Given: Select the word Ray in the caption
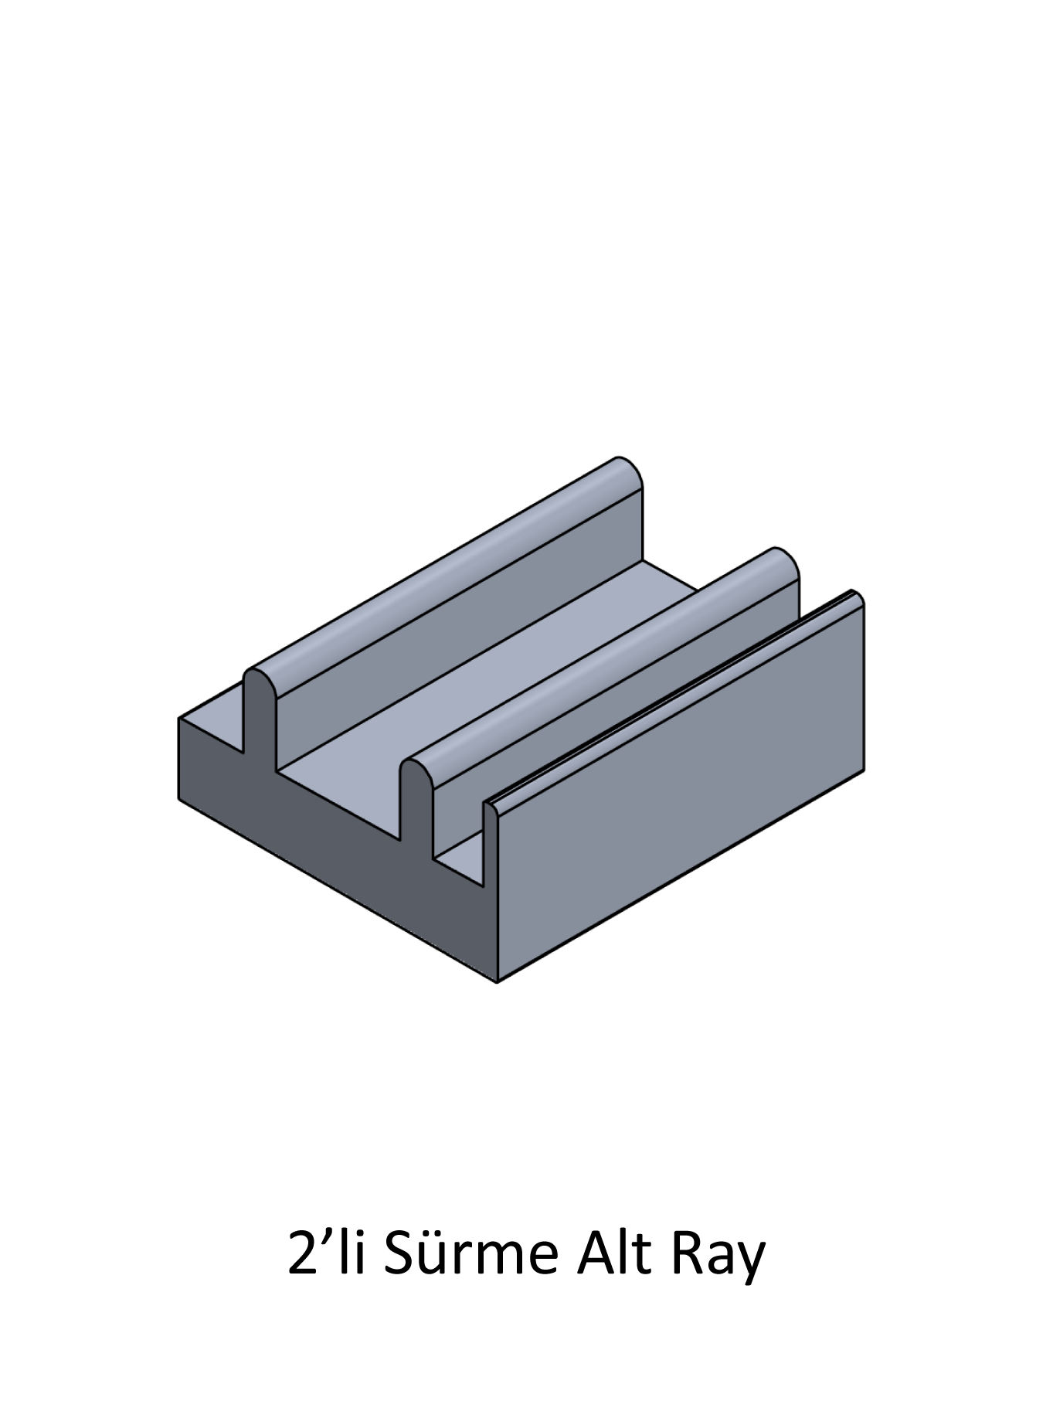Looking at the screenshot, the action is pyautogui.click(x=718, y=1258).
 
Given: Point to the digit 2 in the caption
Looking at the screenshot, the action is pyautogui.click(x=301, y=1253).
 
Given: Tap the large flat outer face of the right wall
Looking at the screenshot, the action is pyautogui.click(x=680, y=788).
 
